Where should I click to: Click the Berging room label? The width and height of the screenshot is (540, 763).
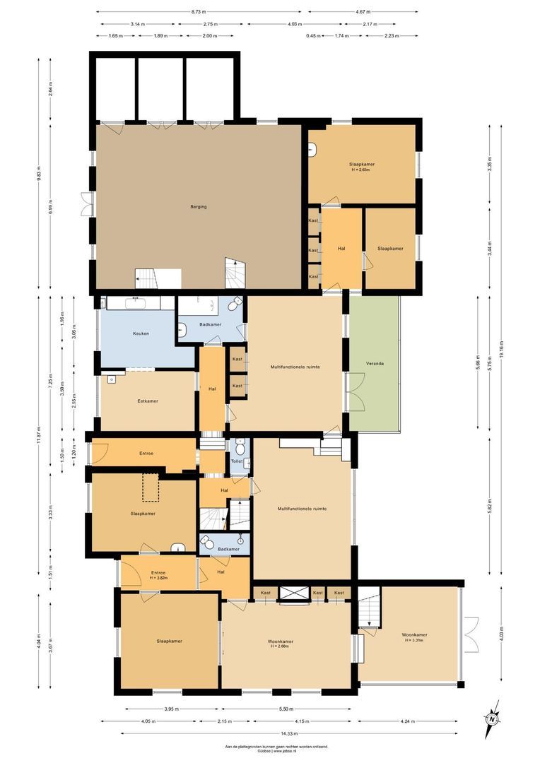click(198, 206)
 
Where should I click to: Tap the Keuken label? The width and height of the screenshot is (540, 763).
click(141, 333)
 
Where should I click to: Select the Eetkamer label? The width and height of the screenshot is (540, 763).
click(148, 401)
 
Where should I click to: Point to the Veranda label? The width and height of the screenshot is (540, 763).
click(375, 363)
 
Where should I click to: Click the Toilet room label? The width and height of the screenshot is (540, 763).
click(237, 461)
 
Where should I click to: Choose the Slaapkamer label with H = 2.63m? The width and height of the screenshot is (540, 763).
click(362, 167)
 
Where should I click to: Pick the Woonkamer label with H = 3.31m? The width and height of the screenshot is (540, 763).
click(414, 637)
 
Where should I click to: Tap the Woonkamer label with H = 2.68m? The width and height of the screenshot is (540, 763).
click(281, 644)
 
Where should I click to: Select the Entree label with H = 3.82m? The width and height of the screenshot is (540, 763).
click(158, 575)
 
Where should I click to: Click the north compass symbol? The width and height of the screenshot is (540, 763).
click(492, 719)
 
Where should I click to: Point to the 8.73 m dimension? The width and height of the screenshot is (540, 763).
click(199, 12)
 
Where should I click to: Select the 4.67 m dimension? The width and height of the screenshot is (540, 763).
click(363, 12)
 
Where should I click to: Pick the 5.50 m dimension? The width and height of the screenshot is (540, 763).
click(286, 709)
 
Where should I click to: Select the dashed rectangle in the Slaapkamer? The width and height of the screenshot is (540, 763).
click(151, 487)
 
